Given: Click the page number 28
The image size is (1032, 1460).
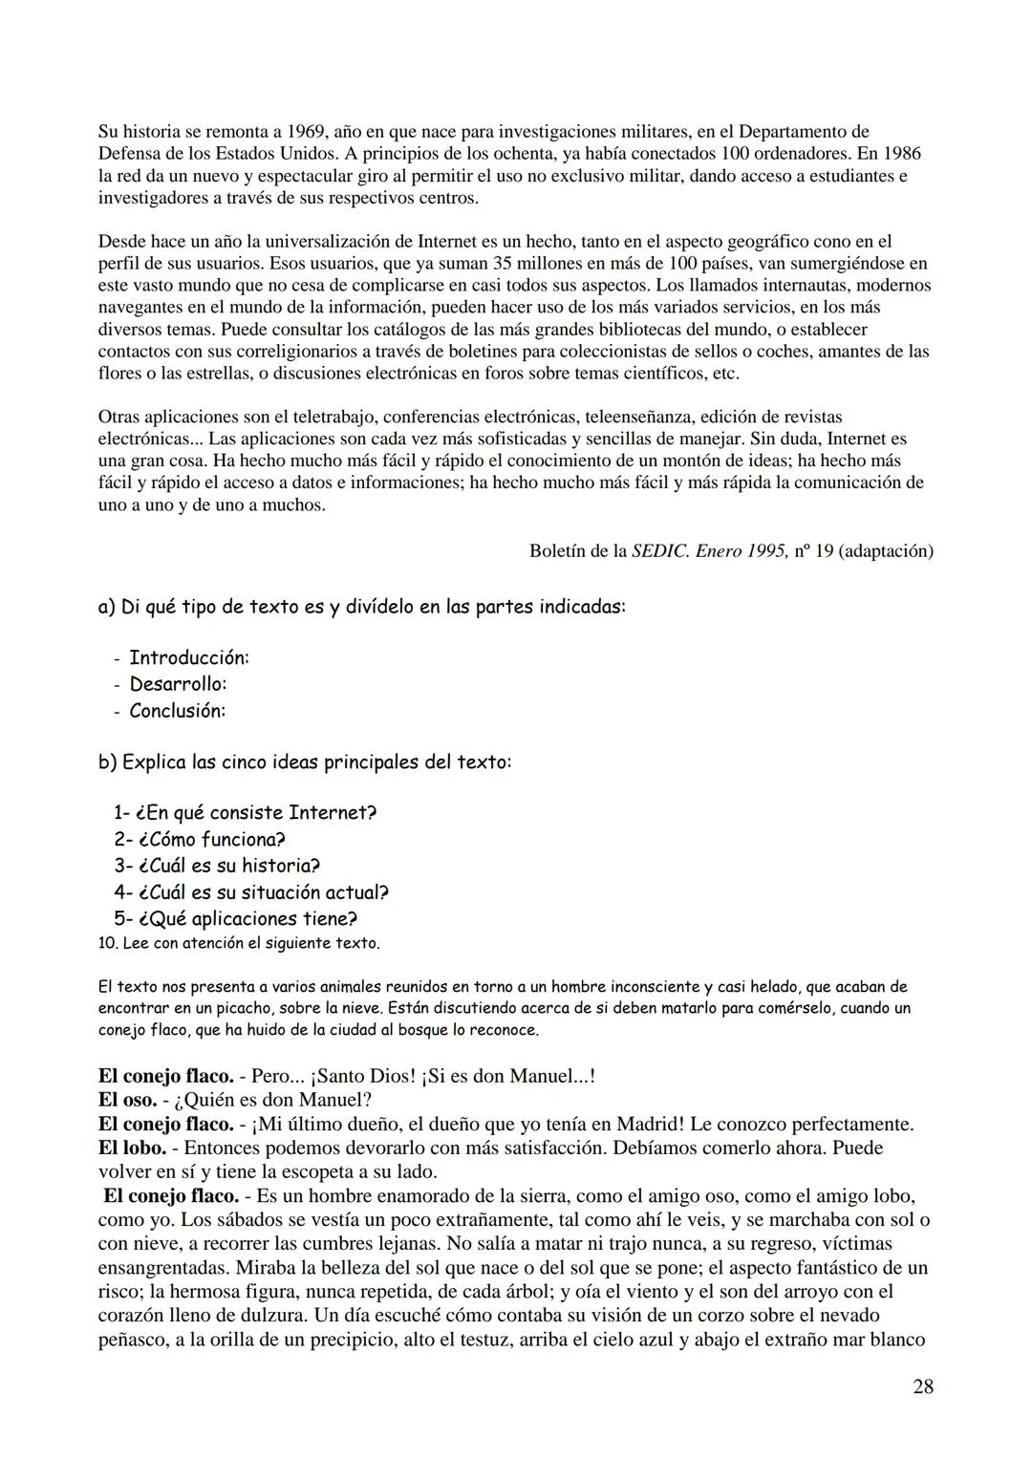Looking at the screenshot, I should pyautogui.click(x=922, y=1386).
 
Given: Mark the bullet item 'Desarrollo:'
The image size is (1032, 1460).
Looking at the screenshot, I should pyautogui.click(x=178, y=684).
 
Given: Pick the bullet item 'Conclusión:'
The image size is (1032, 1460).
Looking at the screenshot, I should pyautogui.click(x=178, y=711).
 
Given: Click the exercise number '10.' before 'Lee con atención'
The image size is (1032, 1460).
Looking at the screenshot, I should pyautogui.click(x=108, y=944).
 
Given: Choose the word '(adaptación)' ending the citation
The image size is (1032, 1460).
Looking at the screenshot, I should pyautogui.click(x=885, y=551).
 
